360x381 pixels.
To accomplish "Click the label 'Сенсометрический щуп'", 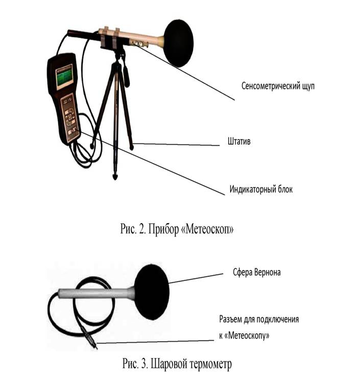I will (x=278, y=86).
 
